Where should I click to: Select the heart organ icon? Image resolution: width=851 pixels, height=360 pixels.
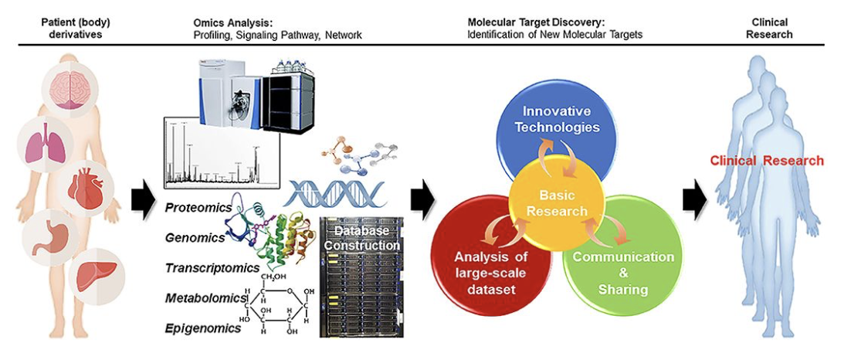84,188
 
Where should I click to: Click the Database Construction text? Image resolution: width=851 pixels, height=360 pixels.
361,237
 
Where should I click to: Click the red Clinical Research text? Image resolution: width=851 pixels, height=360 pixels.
768,161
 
